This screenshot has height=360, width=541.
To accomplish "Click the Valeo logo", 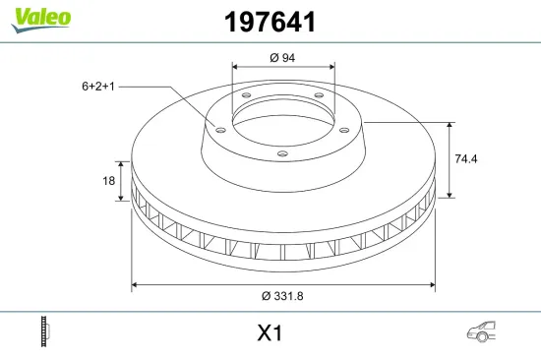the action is (41, 20).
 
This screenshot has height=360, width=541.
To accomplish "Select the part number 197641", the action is (270, 22).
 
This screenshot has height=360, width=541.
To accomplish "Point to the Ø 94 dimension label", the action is (282, 58).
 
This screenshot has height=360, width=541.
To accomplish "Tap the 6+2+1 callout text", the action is (98, 87).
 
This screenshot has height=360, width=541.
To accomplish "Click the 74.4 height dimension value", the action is (466, 158).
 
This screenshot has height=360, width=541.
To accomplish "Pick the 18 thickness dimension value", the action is (108, 181).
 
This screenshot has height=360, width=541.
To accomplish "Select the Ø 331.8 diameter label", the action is (282, 296).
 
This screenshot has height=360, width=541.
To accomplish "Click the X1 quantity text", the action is (270, 333).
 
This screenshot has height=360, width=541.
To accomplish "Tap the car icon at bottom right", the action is (481, 331).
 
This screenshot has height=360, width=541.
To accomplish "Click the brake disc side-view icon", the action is (45, 331).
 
